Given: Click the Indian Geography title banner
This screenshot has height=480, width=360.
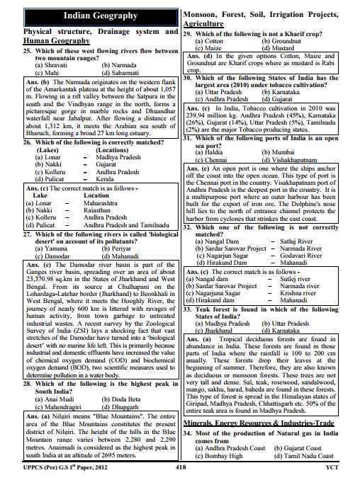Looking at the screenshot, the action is [89, 15].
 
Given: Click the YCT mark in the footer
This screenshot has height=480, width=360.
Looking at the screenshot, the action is [343, 467].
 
